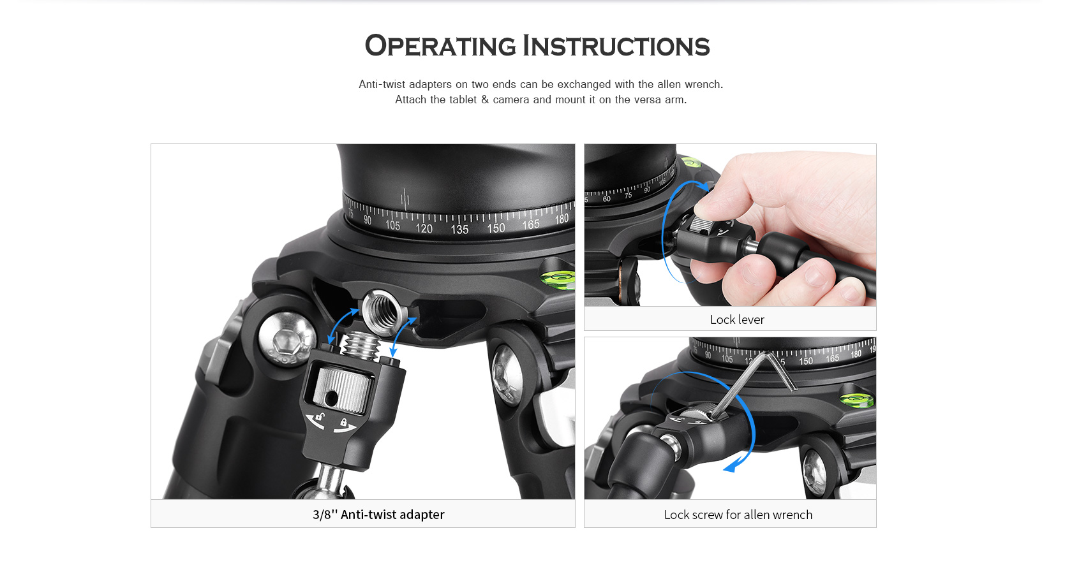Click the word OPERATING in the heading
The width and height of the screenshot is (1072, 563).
[440, 46]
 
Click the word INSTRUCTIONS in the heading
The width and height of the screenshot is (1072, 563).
[616, 46]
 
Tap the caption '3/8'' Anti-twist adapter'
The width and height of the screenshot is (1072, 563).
[378, 514]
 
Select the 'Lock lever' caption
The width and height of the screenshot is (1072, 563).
[737, 319]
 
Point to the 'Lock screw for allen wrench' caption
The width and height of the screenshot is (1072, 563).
[738, 515]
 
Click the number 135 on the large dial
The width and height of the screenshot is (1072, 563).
[459, 230]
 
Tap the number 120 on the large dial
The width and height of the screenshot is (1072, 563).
[424, 228]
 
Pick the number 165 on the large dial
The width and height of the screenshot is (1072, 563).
[531, 224]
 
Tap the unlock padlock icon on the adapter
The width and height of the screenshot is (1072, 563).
[319, 418]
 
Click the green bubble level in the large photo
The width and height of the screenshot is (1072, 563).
[558, 279]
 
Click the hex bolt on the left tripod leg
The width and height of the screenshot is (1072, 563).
[287, 339]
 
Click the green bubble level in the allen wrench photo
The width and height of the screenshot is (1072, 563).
[856, 399]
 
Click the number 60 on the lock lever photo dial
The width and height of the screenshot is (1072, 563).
[606, 198]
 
